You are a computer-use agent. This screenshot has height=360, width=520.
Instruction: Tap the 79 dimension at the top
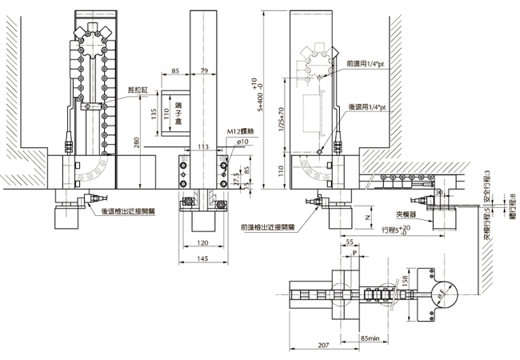pyautogui.click(x=204, y=72)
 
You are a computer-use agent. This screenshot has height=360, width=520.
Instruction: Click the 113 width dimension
pyautogui.click(x=203, y=146)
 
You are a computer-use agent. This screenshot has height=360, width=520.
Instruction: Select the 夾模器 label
pyautogui.click(x=408, y=215)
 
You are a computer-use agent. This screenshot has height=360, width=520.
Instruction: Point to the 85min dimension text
pyautogui.click(x=370, y=338)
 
